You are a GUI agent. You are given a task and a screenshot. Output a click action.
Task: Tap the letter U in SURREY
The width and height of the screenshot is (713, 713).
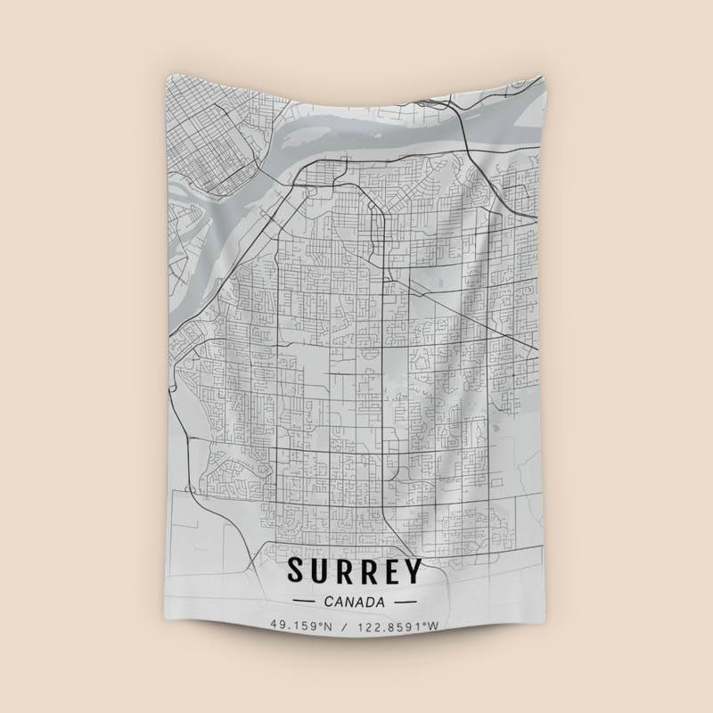[x=321, y=571]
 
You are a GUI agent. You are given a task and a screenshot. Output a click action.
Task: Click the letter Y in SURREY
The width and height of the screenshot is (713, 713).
[x=414, y=571]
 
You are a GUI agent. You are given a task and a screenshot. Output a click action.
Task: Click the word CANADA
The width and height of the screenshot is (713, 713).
[x=355, y=601]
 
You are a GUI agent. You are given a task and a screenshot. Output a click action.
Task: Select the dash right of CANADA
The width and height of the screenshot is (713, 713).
[x=406, y=602]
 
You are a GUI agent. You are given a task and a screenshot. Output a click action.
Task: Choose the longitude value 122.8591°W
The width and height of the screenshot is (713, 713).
[x=397, y=626]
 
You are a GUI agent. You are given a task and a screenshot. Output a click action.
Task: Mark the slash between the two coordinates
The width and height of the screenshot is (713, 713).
[x=343, y=626]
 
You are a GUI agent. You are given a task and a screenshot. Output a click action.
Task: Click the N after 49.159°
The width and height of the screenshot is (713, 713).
[x=327, y=626]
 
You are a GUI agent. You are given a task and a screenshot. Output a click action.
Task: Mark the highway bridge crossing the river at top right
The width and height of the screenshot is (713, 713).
[x=464, y=134]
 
